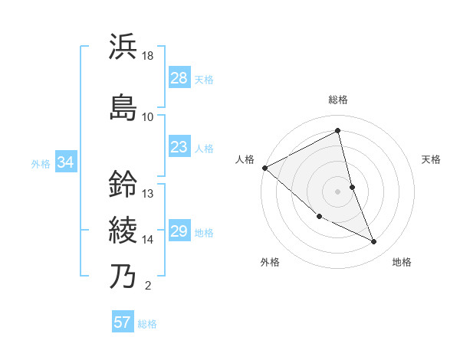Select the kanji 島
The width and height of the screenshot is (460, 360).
123,106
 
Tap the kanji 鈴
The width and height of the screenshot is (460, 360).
123,183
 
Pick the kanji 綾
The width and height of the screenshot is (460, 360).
123,229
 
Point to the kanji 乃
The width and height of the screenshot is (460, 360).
123,275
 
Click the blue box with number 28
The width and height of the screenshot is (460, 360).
179,78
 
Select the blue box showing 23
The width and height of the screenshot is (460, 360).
179,147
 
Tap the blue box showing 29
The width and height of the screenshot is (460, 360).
179,231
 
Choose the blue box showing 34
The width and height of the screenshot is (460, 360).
65,162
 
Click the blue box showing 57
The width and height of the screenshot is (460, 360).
123,322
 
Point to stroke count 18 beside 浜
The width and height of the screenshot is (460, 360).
148,56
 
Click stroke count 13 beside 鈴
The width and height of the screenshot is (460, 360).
148,194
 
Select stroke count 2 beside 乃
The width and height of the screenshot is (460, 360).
147,286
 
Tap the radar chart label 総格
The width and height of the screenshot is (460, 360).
338,100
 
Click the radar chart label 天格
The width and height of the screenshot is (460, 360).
431,159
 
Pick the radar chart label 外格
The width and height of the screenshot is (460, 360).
270,262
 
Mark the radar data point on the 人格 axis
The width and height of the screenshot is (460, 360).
264,167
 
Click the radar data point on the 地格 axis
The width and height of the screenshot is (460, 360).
373,241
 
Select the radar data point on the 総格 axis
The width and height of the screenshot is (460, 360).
338,130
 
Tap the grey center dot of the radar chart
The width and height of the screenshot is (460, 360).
337,191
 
